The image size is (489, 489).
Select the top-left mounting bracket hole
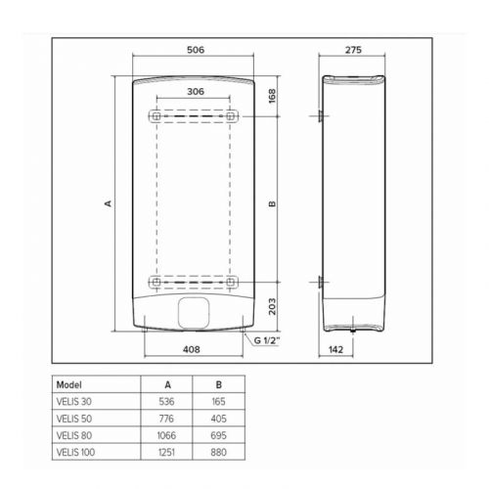click(154, 116)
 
